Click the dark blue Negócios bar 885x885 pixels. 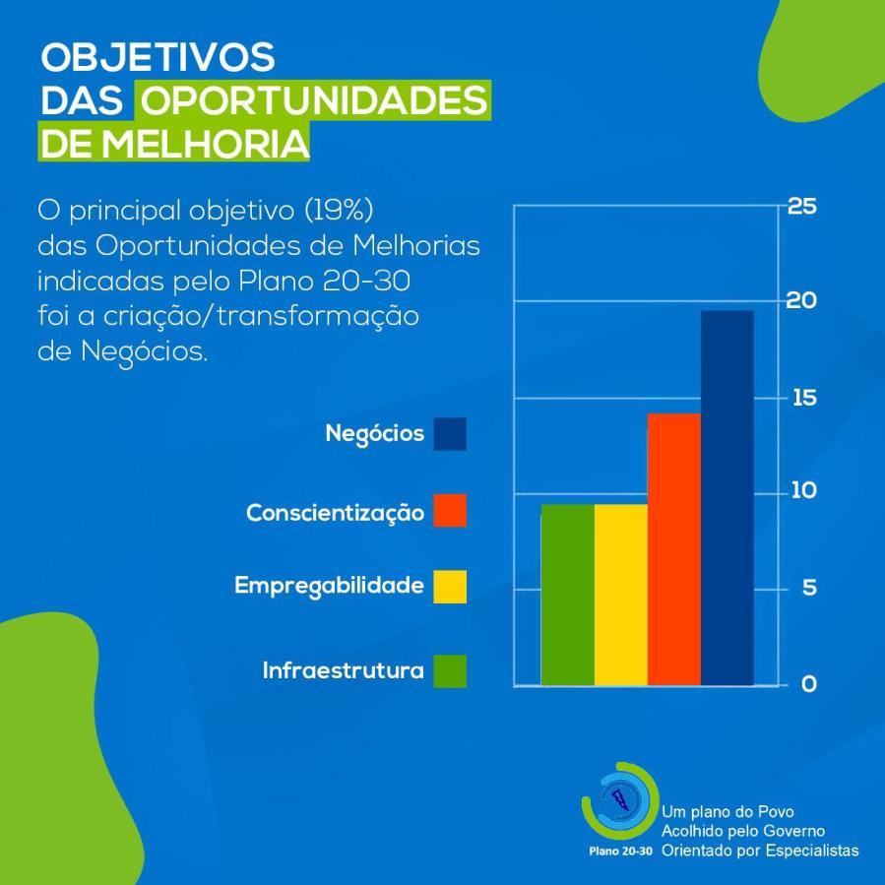(x=727, y=497)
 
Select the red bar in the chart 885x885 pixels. (x=674, y=548)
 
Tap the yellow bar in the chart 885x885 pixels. (x=621, y=594)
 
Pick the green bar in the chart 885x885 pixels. (x=568, y=594)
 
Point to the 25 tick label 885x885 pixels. (x=802, y=207)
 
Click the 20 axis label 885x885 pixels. (x=802, y=301)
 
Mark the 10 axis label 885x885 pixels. (x=802, y=491)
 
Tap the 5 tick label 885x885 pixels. (x=808, y=588)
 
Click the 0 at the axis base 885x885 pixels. (x=808, y=684)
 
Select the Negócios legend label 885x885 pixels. (x=374, y=433)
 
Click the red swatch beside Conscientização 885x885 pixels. (x=450, y=512)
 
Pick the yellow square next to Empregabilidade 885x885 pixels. (x=450, y=587)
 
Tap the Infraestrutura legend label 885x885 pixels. (x=343, y=671)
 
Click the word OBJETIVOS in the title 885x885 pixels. (x=157, y=57)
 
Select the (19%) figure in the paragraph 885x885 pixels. (x=340, y=210)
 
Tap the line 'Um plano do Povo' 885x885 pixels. (x=727, y=812)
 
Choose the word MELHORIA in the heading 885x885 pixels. (x=206, y=144)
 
